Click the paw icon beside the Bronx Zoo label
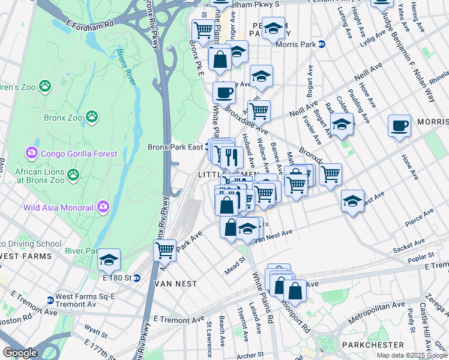[91, 116]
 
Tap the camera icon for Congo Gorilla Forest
[31, 154]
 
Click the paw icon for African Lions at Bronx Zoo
[73, 175]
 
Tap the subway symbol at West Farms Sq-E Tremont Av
[50, 300]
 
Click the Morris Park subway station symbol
[321, 44]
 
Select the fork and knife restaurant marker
[232, 157]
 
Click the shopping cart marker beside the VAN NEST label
[164, 250]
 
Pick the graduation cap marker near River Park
[109, 259]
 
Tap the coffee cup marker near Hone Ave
[399, 125]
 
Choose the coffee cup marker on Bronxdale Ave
[224, 92]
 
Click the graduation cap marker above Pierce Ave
[352, 200]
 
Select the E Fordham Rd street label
[90, 26]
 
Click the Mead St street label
[235, 263]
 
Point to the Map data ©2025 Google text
[411, 355]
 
